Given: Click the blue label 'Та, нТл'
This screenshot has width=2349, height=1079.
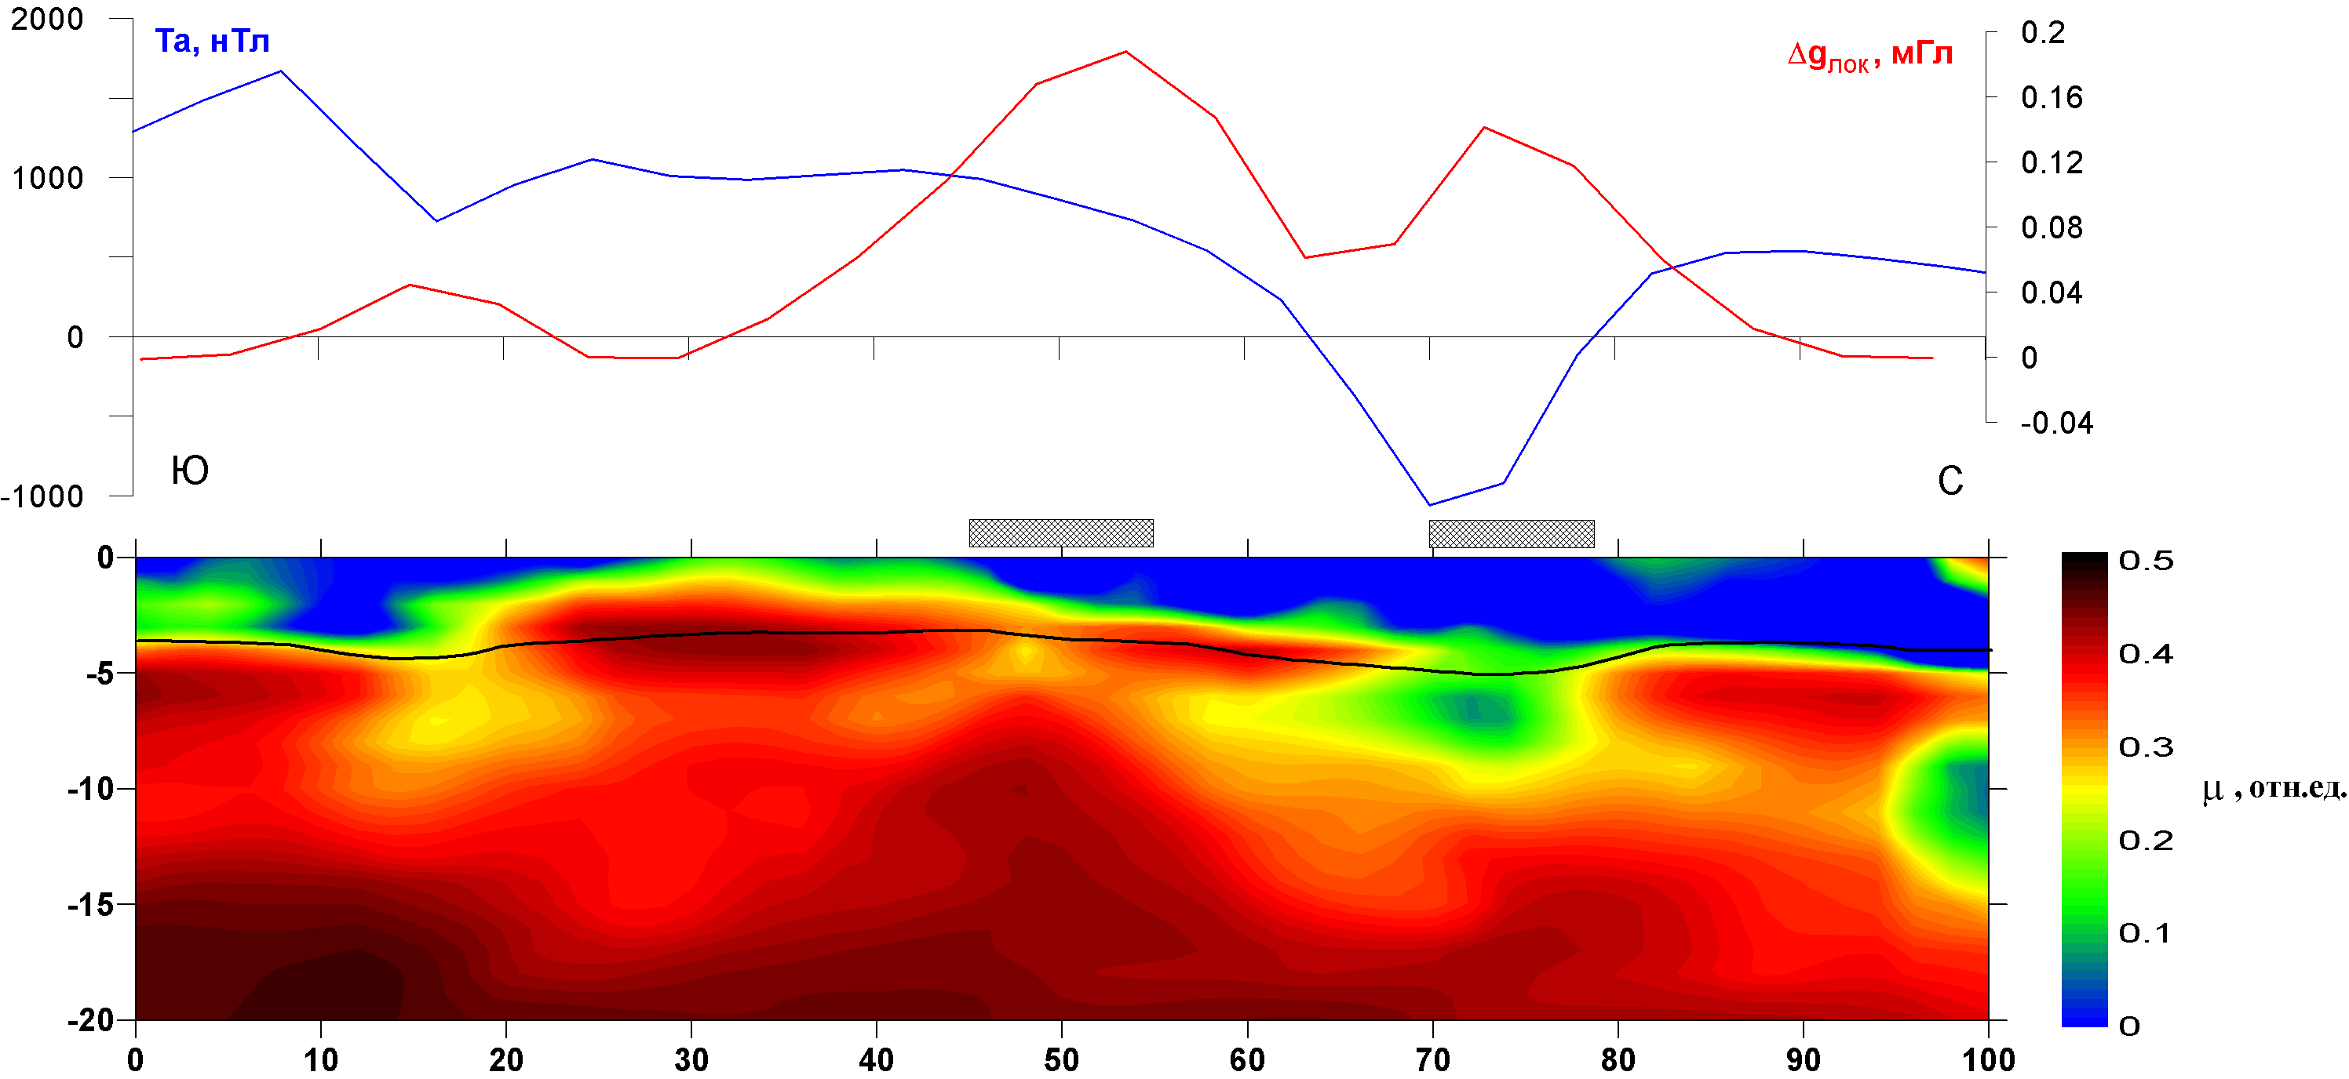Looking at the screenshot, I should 212,42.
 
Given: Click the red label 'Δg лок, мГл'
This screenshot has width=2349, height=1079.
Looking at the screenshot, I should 1869,55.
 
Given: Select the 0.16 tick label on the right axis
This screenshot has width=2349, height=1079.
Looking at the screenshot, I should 2051,97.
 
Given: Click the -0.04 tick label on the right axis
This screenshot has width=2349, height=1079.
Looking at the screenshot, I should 2055,423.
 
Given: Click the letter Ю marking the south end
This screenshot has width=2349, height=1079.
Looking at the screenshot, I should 190,471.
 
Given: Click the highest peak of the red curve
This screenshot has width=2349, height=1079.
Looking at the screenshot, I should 1125,52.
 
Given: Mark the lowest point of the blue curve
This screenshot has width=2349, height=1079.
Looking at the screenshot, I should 1429,505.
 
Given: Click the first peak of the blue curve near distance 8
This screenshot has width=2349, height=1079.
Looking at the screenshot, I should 281,71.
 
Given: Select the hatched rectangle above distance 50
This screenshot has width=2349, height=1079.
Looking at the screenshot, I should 1060,533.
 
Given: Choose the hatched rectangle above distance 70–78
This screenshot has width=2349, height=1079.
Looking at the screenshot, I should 1511,533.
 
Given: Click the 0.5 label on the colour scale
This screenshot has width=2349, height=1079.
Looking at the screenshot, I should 2146,561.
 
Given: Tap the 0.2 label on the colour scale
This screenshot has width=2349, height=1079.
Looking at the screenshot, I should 2146,841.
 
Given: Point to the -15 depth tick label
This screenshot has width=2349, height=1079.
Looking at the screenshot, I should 90,905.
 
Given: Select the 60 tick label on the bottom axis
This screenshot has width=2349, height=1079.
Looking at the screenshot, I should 1246,1060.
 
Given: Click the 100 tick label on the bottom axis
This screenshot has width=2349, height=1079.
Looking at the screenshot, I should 1988,1060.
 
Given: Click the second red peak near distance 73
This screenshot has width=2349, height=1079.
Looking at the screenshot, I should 1485,128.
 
